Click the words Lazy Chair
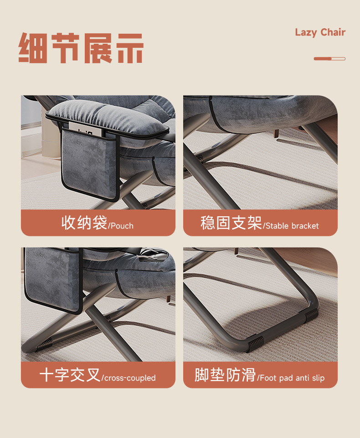click(320, 32)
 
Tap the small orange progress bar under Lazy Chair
click(329, 59)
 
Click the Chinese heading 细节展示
click(81, 48)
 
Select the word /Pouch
click(121, 226)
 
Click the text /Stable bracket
click(291, 226)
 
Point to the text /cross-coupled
click(129, 378)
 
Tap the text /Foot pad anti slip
click(291, 378)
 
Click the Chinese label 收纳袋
click(84, 223)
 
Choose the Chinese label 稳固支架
click(231, 223)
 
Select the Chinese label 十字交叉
click(70, 375)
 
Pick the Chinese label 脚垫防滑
click(225, 375)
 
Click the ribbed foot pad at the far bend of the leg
click(311, 315)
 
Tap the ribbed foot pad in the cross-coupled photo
click(44, 344)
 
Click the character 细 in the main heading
click(33, 48)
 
